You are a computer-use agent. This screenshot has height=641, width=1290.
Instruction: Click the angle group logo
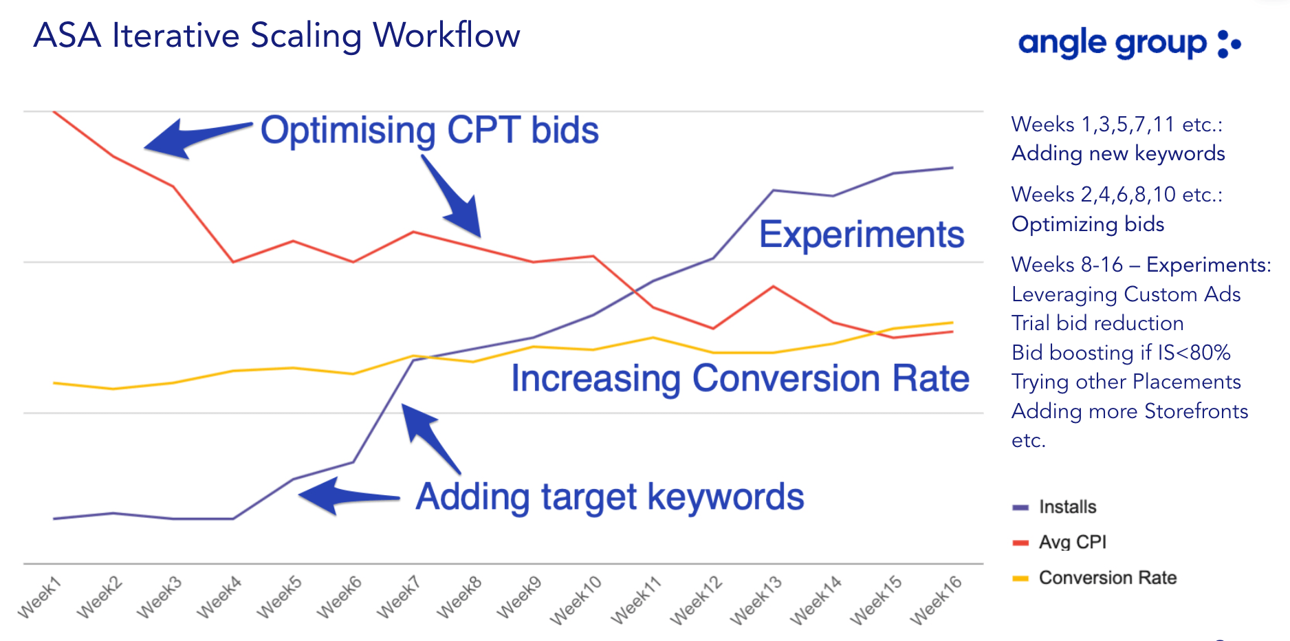pos(1129,44)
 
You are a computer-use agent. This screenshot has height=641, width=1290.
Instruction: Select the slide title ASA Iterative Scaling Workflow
pos(277,36)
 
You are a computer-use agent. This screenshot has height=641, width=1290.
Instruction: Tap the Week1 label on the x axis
pos(40,598)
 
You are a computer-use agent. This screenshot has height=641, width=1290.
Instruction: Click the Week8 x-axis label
pos(459,598)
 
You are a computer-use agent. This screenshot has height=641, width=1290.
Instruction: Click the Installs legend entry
pos(1055,507)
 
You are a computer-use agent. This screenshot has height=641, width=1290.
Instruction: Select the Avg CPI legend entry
pos(1060,542)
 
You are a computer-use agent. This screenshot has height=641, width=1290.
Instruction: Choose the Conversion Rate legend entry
pos(1095,578)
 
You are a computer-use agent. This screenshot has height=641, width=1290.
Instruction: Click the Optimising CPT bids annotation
pos(430,130)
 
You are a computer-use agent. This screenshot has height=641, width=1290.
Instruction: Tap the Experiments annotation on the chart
pos(862,235)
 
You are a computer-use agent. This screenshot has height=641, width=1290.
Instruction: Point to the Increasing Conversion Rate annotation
pos(740,379)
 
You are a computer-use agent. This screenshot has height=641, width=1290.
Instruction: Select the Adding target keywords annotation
pos(610,497)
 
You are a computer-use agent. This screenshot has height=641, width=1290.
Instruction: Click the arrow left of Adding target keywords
pos(349,496)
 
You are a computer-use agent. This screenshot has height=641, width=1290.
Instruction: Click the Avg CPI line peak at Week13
pos(774,286)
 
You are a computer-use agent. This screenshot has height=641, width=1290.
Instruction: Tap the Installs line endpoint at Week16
pos(952,168)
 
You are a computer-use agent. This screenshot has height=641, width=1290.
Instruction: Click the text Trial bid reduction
pos(1097,323)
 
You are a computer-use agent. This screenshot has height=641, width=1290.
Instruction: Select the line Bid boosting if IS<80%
pos(1121,353)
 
